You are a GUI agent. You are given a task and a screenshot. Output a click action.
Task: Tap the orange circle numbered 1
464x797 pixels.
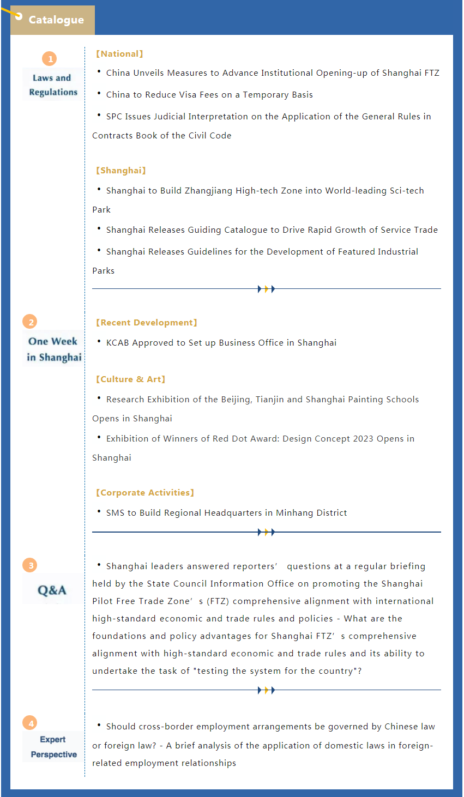coord(50,59)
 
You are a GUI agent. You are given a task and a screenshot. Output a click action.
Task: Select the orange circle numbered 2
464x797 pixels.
coord(31,322)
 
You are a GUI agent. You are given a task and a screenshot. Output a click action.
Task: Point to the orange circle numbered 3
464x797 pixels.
coord(31,565)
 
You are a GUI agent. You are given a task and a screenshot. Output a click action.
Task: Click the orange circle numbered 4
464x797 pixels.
coord(31,723)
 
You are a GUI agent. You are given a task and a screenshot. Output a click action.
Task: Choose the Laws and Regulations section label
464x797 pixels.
coord(53,85)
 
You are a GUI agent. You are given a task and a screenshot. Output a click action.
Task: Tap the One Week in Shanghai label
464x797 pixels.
coord(53,349)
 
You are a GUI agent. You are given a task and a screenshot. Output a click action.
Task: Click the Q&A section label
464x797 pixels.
coord(52,590)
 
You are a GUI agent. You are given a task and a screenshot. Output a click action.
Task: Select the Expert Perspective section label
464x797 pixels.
coord(53,747)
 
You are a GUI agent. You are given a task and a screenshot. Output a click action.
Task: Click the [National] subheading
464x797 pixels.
coord(119,54)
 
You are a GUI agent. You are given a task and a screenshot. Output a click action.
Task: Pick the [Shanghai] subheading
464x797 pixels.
coord(120,171)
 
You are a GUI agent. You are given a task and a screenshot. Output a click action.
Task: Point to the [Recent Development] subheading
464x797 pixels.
coord(146,323)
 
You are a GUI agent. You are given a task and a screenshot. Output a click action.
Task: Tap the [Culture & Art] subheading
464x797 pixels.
coord(130,379)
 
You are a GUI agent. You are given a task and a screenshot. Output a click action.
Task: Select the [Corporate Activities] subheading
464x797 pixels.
coord(144,493)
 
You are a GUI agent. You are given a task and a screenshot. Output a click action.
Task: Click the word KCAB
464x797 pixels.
coord(117,343)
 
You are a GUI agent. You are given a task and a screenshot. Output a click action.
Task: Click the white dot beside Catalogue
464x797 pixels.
coord(19,16)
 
